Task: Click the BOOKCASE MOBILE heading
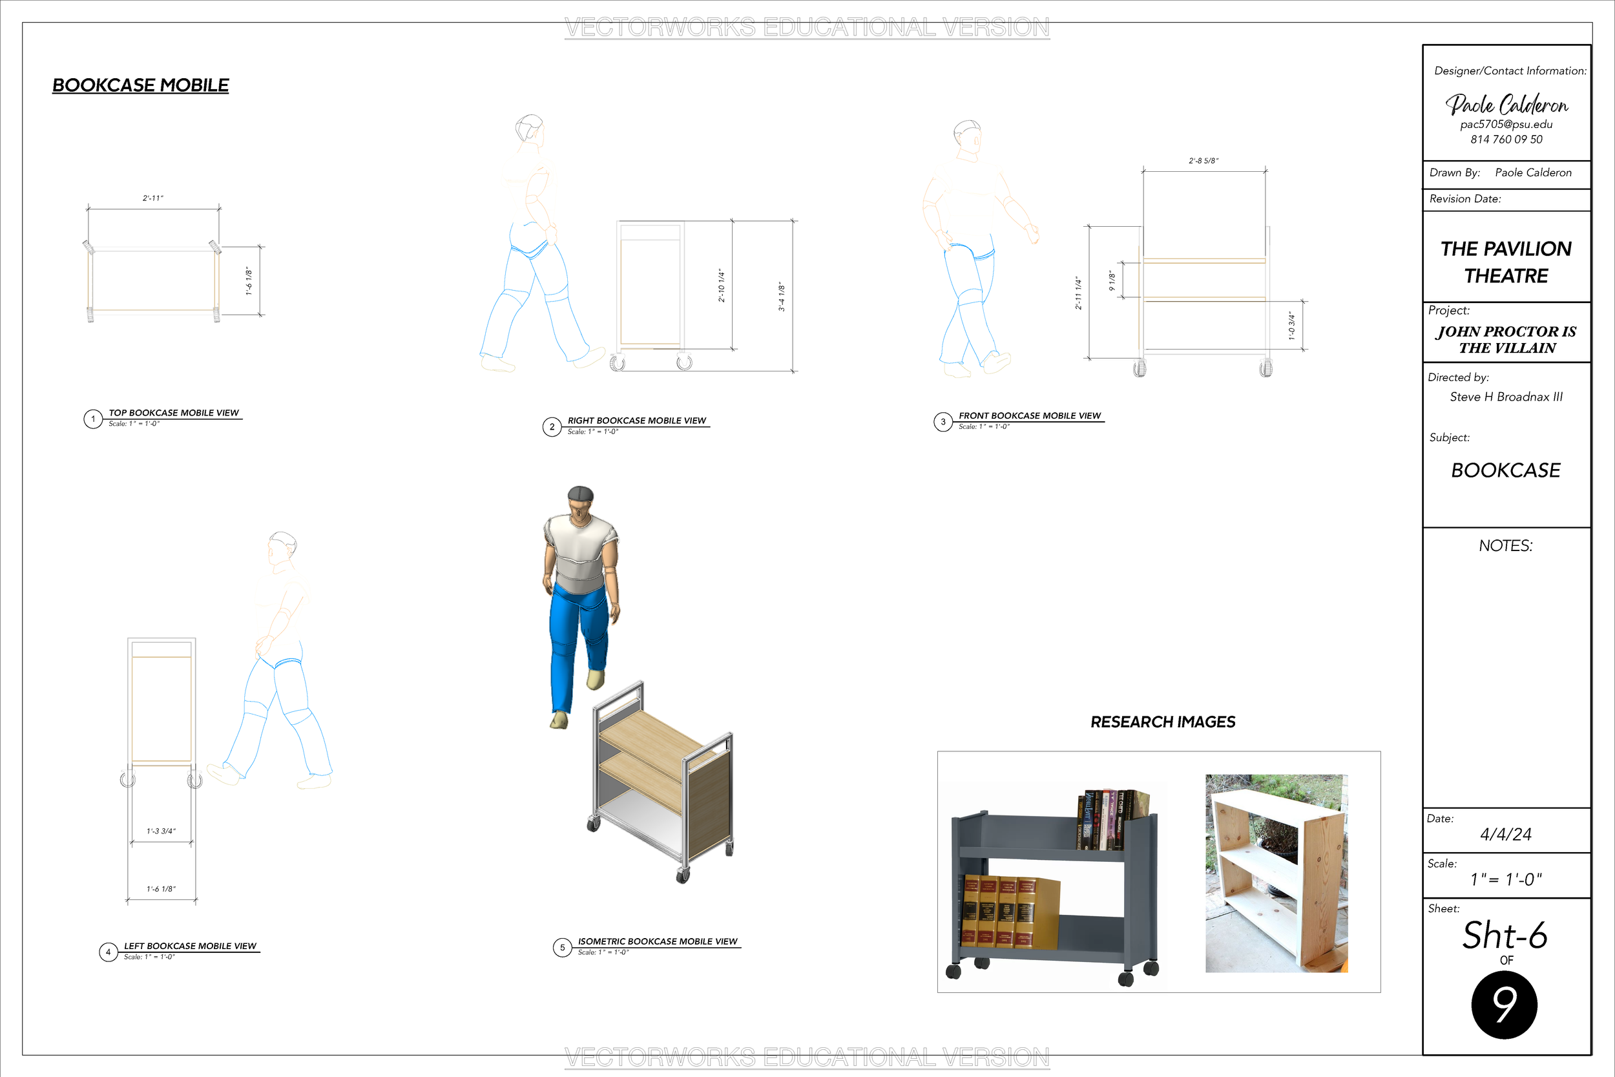coord(141,85)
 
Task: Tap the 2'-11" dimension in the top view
coord(153,198)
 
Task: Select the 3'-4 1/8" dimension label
coord(782,297)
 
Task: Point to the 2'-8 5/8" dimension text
coord(1203,161)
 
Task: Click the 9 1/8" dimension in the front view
coord(1112,280)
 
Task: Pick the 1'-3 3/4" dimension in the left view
coord(161,831)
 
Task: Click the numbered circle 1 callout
coord(94,419)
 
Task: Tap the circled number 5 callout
coord(563,948)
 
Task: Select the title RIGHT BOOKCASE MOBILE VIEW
coord(636,421)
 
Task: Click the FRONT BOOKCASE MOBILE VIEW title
coord(1029,415)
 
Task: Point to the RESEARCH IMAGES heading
coord(1163,722)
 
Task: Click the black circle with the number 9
coord(1505,1005)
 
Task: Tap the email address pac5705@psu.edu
coord(1506,124)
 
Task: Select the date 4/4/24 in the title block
coord(1506,835)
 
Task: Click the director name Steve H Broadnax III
coord(1506,397)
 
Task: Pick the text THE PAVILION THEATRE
coord(1506,262)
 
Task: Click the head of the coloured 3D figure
coord(581,501)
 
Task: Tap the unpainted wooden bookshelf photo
coord(1276,873)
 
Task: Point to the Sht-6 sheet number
coord(1505,936)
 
